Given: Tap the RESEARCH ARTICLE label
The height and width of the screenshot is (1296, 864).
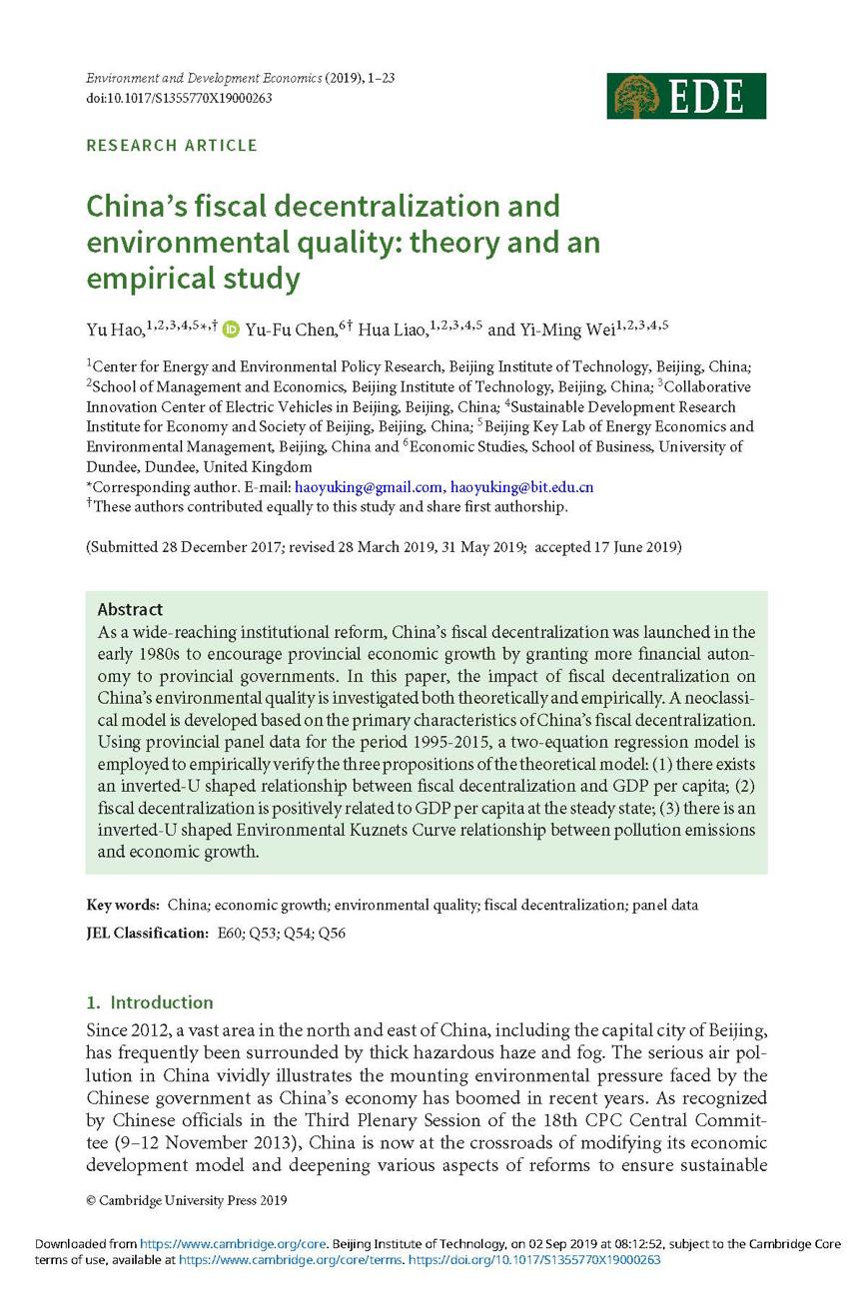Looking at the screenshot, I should [172, 146].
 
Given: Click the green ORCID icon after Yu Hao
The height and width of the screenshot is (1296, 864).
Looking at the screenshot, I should [231, 327].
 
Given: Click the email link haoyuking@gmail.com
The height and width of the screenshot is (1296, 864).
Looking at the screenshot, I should [369, 487].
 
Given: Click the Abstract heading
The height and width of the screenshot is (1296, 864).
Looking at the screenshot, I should [130, 609].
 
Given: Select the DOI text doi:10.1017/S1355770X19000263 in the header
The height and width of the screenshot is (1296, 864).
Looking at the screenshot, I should [179, 98].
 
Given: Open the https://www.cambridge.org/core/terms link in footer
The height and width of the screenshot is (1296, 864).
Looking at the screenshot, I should [291, 1260].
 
